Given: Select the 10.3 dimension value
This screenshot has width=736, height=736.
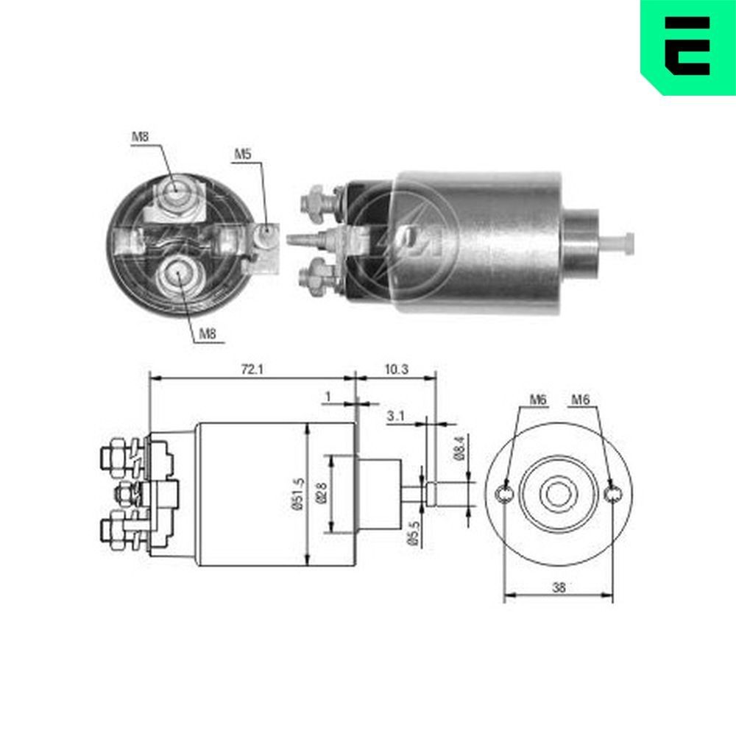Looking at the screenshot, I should [x=396, y=369].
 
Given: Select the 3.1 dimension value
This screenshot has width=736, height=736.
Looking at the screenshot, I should [x=395, y=417].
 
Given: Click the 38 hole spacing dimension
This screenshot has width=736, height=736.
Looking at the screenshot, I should [x=559, y=587].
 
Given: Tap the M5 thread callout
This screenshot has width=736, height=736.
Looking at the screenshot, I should [x=243, y=155].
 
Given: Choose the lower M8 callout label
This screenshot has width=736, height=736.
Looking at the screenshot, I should [x=208, y=333].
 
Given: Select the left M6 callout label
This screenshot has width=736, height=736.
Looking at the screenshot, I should [x=538, y=400].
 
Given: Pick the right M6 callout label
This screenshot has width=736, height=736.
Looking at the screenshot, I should [x=581, y=400].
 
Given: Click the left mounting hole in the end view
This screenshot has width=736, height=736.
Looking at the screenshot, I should [x=505, y=495].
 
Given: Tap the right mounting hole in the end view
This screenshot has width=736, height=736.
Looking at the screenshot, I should [x=612, y=495].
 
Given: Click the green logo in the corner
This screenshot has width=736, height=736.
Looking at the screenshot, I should [x=687, y=46].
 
